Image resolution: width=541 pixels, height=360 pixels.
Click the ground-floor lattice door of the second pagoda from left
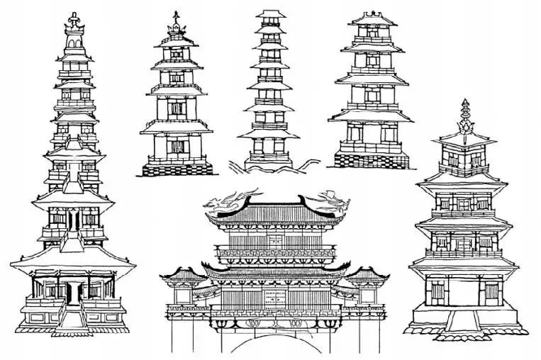176,149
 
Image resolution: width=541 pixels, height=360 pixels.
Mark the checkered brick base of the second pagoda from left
176,169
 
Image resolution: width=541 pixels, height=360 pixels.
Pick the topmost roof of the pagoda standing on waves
269,16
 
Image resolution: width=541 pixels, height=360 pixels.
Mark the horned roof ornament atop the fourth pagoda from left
372,16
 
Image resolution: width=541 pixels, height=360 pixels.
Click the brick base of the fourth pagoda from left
372,160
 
